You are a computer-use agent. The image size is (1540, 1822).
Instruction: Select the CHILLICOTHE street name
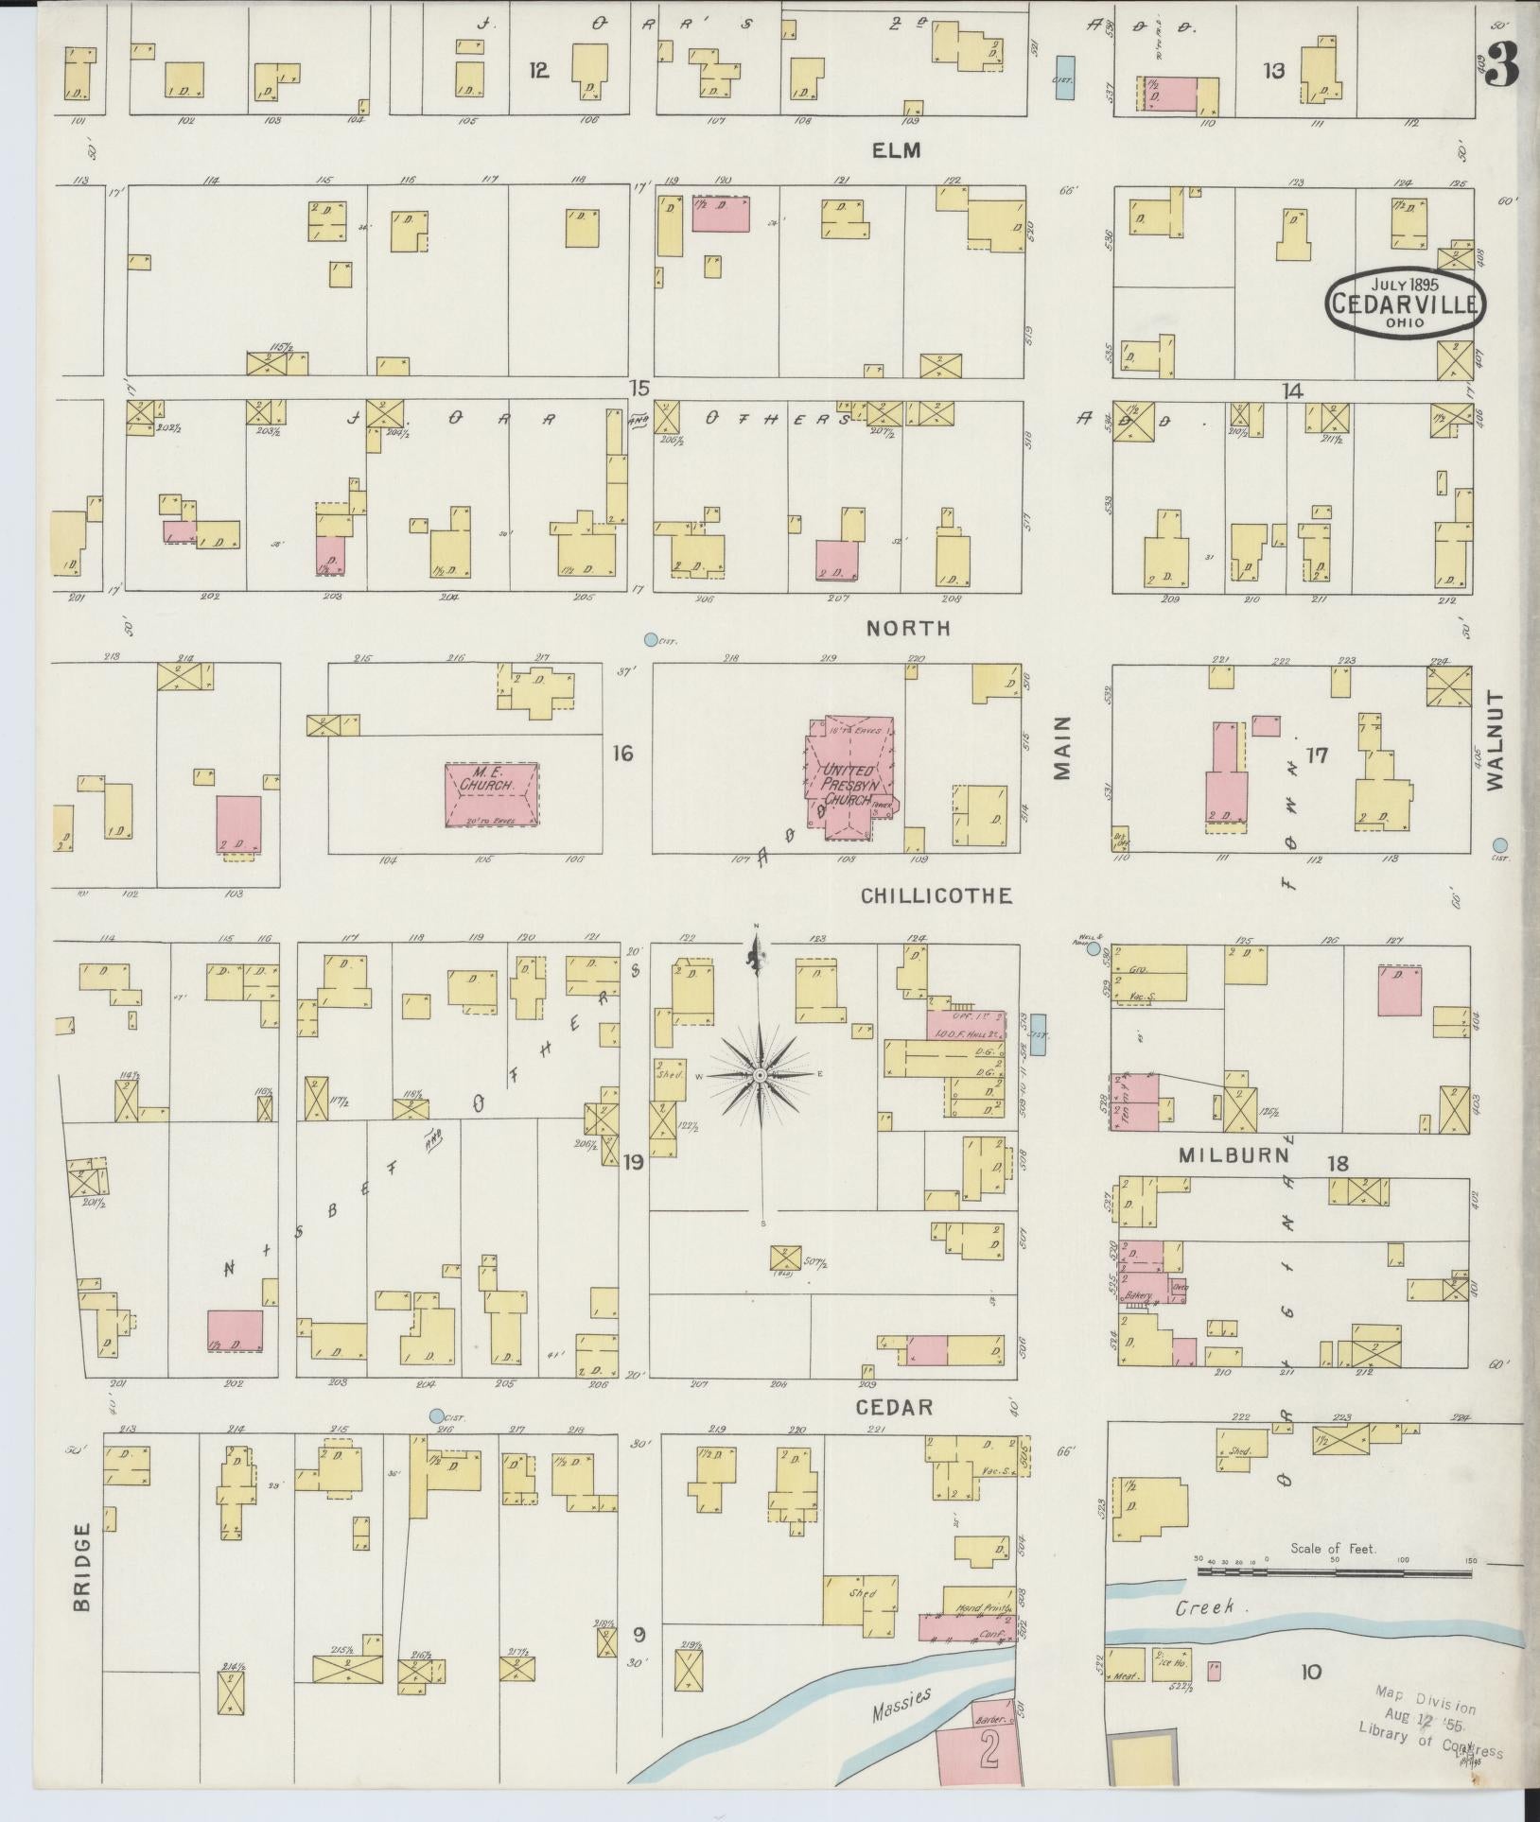[936, 895]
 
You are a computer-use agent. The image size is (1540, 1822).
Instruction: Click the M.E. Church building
[492, 795]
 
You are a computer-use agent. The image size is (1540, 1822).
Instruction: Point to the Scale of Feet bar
[1334, 1571]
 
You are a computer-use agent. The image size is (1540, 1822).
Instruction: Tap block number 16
[622, 754]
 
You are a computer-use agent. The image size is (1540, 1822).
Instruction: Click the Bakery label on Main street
[1138, 1293]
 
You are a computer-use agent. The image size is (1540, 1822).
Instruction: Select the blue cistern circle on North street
[650, 640]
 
